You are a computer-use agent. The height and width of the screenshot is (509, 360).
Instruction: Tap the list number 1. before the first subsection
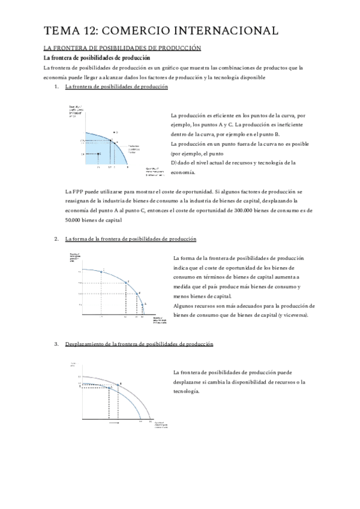pyautogui.click(x=56, y=87)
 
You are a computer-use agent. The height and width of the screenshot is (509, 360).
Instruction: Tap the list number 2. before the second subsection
pyautogui.click(x=56, y=239)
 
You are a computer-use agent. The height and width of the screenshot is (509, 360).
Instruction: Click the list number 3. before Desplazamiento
pyautogui.click(x=56, y=344)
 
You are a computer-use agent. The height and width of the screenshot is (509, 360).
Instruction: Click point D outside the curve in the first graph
pyautogui.click(x=113, y=131)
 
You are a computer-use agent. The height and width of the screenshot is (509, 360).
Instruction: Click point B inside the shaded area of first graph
pyautogui.click(x=99, y=153)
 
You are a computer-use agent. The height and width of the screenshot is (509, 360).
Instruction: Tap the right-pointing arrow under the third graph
pyautogui.click(x=114, y=423)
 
